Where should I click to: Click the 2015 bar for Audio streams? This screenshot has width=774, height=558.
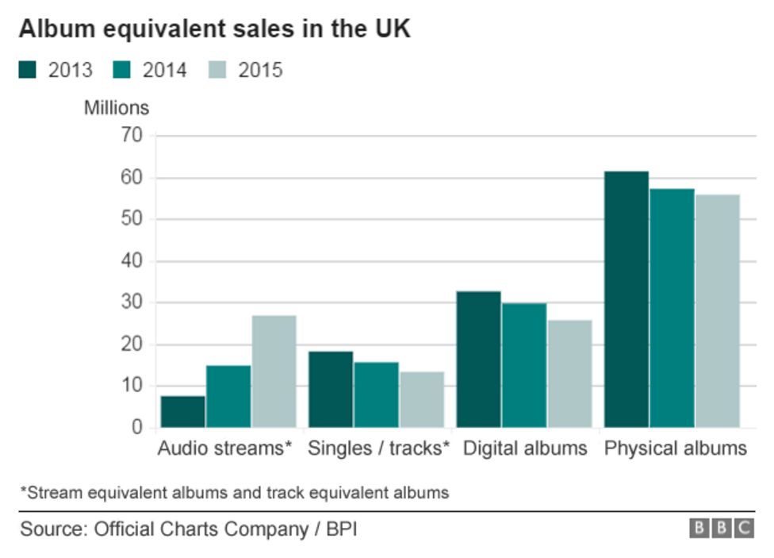[x=274, y=371]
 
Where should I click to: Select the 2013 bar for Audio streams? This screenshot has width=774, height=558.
[x=182, y=411]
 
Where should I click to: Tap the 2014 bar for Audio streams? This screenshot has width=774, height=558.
[x=228, y=396]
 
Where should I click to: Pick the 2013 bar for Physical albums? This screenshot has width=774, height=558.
[x=626, y=299]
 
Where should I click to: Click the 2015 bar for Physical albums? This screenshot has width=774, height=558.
[x=717, y=310]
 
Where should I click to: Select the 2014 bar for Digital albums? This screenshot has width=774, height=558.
[x=523, y=365]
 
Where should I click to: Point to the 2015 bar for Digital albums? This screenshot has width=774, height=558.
[x=569, y=373]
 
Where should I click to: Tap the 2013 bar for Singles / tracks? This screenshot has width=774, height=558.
[x=330, y=389]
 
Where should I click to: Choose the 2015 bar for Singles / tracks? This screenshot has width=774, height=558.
[x=421, y=399]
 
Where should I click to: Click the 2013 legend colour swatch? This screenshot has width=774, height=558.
[x=28, y=70]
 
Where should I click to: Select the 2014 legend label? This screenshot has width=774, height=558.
[x=164, y=70]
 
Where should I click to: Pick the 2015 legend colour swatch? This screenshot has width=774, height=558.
[x=218, y=70]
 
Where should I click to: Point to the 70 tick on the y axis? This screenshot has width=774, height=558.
[x=132, y=136]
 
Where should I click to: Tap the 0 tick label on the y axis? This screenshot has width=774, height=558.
[x=137, y=428]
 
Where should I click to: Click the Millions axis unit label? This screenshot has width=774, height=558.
[x=116, y=106]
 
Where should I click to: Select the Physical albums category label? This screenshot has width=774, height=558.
[x=675, y=448]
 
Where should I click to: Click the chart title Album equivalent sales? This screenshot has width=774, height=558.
[x=214, y=29]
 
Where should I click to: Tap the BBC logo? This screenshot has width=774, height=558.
[x=721, y=529]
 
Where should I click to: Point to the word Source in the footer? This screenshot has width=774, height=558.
[x=51, y=529]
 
